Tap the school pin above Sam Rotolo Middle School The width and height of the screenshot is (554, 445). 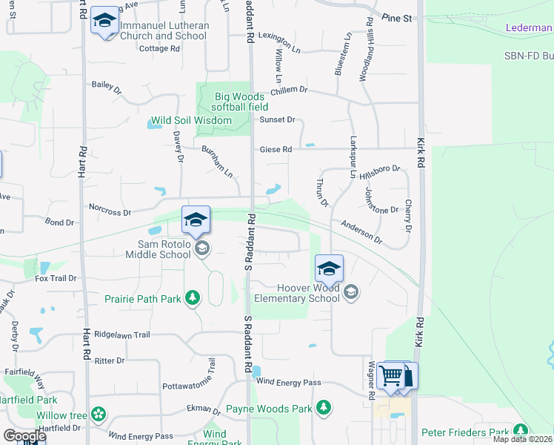(x=196, y=220)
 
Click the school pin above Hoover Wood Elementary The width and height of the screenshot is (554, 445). (x=329, y=268)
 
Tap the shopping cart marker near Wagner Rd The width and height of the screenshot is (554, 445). (x=392, y=375)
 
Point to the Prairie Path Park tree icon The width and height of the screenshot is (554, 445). (x=193, y=298)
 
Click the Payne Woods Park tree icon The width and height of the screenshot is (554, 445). (x=323, y=407)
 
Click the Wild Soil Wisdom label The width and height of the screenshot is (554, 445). (x=191, y=120)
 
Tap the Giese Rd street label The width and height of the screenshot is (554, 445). (x=276, y=149)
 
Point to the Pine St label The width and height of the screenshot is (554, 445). (x=396, y=17)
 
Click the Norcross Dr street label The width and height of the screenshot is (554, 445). (x=110, y=211)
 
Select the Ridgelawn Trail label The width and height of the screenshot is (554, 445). (x=122, y=334)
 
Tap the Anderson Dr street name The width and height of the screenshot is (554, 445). (x=361, y=231)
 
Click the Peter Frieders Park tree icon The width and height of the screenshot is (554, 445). (x=521, y=430)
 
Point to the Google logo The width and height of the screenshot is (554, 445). (x=24, y=436)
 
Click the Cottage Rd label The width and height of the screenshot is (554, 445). (x=159, y=48)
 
